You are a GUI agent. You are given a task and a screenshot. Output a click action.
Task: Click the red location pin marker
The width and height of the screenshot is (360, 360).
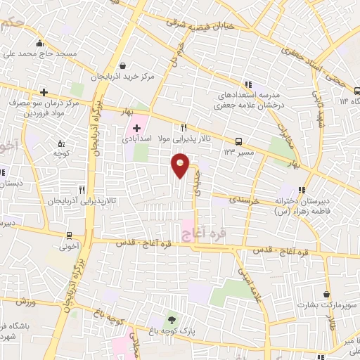(x=181, y=166)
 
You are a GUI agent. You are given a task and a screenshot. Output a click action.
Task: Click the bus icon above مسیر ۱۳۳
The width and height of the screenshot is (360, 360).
(x=239, y=141)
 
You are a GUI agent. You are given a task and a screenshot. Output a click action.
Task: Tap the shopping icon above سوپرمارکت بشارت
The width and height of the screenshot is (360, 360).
(x=327, y=294)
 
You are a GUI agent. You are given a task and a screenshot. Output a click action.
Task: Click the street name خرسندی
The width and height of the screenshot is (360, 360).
(x=244, y=200)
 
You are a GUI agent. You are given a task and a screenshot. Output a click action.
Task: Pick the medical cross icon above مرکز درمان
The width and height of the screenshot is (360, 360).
(x=44, y=92)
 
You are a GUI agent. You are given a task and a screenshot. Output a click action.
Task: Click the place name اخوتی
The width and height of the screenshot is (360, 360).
(x=70, y=247)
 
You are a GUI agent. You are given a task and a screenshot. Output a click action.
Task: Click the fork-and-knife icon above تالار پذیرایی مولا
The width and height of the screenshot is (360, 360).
(x=184, y=127)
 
